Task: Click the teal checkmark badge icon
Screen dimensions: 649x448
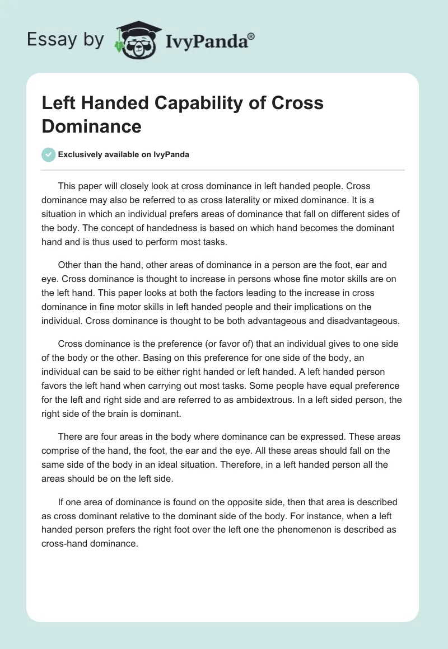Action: coord(49,154)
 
